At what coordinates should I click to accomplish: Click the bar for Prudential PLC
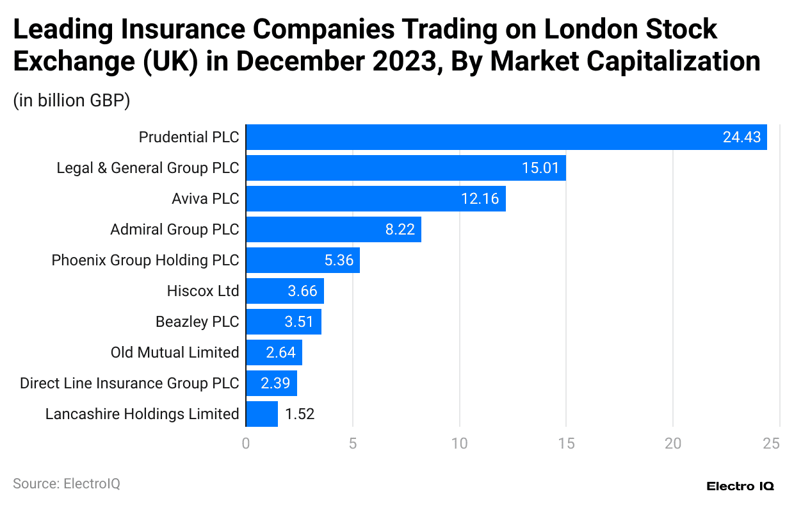coord(506,137)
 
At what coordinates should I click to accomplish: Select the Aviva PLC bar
coord(376,199)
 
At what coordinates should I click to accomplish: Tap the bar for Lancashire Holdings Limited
coord(262,414)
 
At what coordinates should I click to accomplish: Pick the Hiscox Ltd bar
coord(285,291)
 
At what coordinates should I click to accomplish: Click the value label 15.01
coord(540,168)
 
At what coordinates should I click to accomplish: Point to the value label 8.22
coord(400,229)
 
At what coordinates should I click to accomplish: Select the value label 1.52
coord(300,414)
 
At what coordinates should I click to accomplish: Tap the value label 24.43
coord(741,137)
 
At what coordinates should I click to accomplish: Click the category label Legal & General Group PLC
coord(148,168)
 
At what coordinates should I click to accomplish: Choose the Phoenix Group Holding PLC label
coord(145,260)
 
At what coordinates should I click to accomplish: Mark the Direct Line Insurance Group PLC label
coord(129,383)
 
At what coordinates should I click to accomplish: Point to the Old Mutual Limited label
coord(175,352)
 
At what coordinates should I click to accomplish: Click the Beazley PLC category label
coord(197,322)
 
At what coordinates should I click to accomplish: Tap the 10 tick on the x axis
coord(459,443)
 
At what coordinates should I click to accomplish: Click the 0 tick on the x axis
coord(246,443)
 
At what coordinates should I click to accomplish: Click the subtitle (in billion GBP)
coord(72,101)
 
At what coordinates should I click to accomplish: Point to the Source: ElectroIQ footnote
coord(67,483)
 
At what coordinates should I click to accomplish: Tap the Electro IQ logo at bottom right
coord(740,486)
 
